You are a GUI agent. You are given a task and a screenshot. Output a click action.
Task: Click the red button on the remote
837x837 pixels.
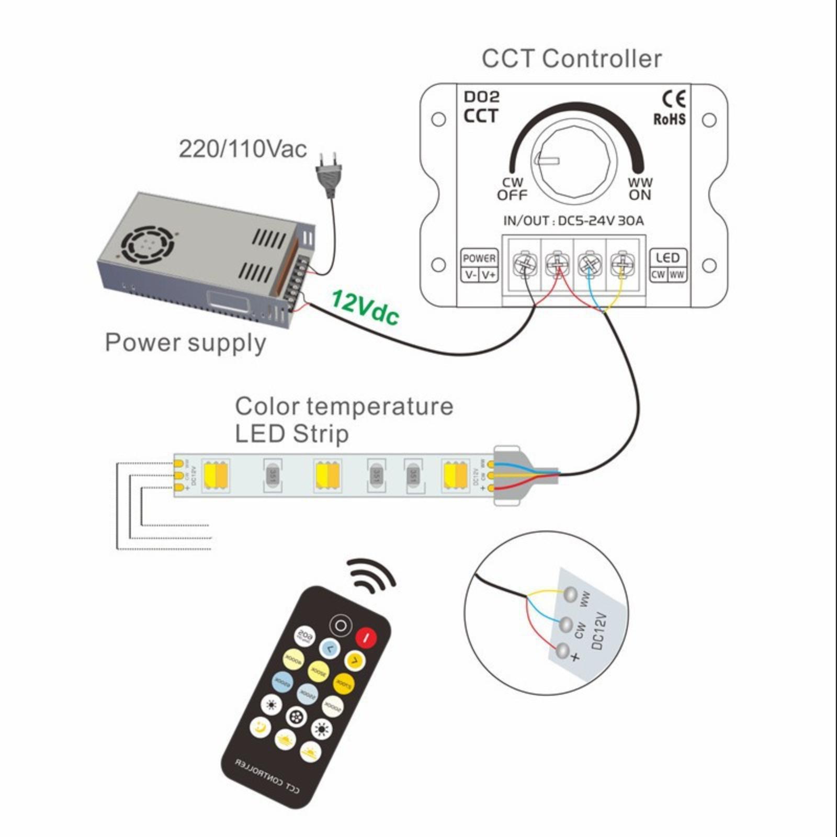coord(367,637)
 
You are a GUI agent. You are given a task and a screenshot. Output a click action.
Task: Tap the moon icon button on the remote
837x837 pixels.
coord(260,727)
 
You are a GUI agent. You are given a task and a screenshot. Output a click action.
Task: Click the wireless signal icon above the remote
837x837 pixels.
coord(372,575)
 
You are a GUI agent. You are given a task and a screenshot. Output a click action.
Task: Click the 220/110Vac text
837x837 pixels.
coord(243,149)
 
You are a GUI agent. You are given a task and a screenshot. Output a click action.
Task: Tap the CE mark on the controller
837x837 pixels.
coord(674,99)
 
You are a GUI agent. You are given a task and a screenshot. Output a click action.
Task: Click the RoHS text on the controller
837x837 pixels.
coord(670,120)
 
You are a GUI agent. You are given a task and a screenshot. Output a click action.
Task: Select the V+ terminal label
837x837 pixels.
coord(489,275)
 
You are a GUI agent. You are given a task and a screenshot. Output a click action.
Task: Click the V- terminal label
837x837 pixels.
coord(470,275)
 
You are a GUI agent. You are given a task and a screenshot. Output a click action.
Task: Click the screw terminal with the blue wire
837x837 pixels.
coord(590,264)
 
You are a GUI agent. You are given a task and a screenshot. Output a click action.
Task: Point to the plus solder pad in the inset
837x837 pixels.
coord(562,652)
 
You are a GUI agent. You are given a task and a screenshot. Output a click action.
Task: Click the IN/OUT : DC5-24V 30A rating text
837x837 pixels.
coord(573,221)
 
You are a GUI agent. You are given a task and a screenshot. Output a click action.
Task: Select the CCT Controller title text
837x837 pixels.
coord(572,59)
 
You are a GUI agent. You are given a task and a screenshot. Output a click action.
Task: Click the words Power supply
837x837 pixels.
coord(186,343)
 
